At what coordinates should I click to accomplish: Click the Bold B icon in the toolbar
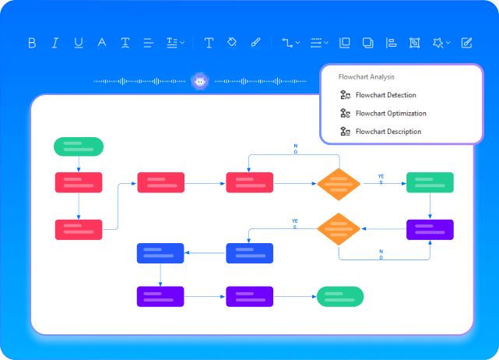32,43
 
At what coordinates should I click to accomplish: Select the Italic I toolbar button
55,43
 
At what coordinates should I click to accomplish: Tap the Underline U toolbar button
79,43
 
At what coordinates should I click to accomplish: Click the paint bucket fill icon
232,43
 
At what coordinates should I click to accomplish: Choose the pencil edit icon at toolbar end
466,43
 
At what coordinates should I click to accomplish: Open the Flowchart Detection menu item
385,95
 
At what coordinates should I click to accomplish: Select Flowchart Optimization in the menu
389,114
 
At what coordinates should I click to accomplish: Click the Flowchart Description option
388,132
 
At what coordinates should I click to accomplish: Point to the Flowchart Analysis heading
366,77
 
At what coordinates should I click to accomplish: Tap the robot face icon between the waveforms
200,80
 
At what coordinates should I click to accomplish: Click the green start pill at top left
78,146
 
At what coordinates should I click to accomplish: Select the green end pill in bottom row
339,296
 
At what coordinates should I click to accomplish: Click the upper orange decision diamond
339,184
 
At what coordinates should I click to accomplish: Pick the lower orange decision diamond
339,228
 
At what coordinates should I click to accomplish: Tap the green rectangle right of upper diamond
430,183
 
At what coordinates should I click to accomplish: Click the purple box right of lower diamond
430,229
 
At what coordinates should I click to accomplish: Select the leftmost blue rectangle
160,253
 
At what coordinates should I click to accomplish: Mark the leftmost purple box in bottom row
160,296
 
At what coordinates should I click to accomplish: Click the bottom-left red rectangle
79,229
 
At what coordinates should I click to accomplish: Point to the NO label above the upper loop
295,148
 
